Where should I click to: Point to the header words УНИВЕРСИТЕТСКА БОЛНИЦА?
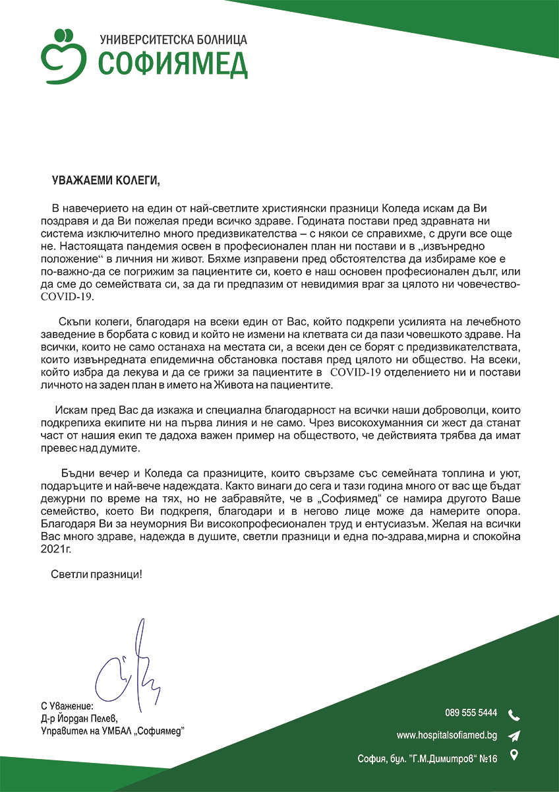tap(173, 40)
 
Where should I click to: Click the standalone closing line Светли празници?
tap(96, 574)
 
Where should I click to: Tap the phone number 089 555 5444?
tap(471, 713)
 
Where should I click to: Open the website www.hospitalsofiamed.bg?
tap(446, 735)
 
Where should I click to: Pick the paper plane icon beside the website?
tap(514, 736)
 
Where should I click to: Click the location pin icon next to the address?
tap(514, 756)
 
